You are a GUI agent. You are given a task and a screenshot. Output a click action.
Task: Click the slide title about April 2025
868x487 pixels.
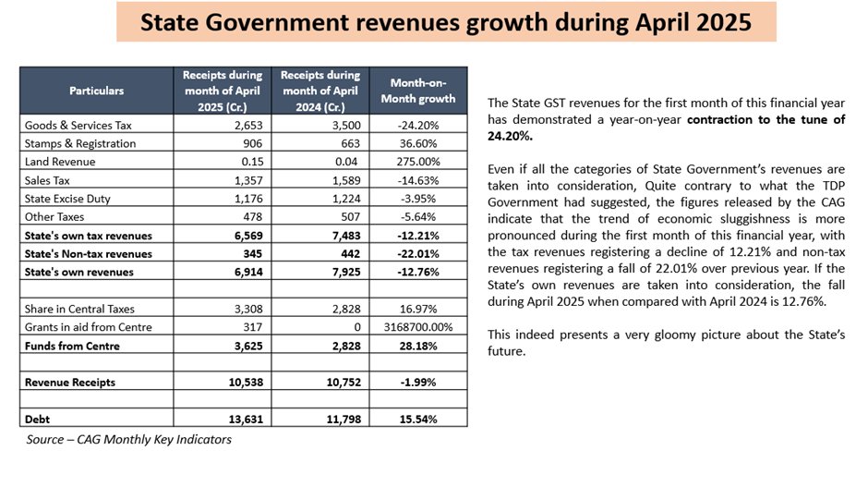pos(446,22)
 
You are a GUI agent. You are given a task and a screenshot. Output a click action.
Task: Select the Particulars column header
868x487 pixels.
pos(96,91)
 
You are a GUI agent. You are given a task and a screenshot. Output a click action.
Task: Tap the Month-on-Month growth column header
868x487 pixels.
pos(418,91)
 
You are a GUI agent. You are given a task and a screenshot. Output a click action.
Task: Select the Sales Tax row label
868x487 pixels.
pos(48,181)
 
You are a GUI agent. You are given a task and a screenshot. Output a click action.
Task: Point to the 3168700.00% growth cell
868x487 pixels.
pos(418,327)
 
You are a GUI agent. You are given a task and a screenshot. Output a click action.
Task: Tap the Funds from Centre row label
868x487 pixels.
pos(73,346)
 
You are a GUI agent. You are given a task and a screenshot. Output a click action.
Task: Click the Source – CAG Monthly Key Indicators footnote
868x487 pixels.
pos(128,440)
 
